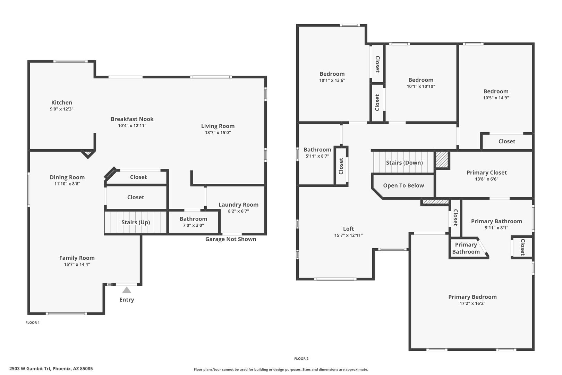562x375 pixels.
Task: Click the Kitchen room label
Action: pyautogui.click(x=62, y=102)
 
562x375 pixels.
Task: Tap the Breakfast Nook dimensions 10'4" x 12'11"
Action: pyautogui.click(x=132, y=126)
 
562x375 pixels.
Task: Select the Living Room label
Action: pyautogui.click(x=218, y=126)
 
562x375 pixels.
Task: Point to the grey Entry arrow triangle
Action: pyautogui.click(x=127, y=290)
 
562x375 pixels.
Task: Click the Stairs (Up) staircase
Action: pyautogui.click(x=136, y=222)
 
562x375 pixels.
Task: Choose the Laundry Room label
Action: pyautogui.click(x=238, y=205)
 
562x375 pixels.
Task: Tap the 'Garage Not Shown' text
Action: pyautogui.click(x=231, y=239)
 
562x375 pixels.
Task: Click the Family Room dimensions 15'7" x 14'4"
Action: pyautogui.click(x=77, y=264)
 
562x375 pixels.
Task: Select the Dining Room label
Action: pyautogui.click(x=67, y=177)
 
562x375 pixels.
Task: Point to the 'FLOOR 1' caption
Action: pyautogui.click(x=33, y=323)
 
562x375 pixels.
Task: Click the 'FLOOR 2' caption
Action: pyautogui.click(x=301, y=359)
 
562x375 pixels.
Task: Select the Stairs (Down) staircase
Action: pyautogui.click(x=404, y=162)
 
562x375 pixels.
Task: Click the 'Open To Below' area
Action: pyautogui.click(x=403, y=186)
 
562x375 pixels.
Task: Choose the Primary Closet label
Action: pyautogui.click(x=487, y=173)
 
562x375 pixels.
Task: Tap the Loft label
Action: pyautogui.click(x=349, y=229)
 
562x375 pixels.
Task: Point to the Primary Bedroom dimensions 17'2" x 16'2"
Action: pyautogui.click(x=472, y=303)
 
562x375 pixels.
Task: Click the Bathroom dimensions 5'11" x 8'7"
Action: pyautogui.click(x=317, y=156)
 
